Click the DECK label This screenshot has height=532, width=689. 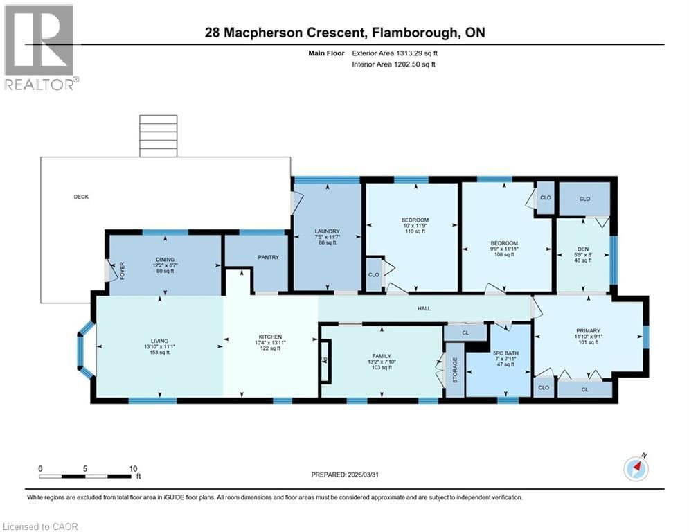click(x=81, y=197)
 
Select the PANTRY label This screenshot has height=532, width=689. click(x=269, y=258)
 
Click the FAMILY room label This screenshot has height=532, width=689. click(x=380, y=354)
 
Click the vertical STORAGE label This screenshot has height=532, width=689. click(x=455, y=371)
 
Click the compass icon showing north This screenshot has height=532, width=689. click(x=635, y=469)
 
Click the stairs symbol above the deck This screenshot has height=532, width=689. click(x=154, y=136)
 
